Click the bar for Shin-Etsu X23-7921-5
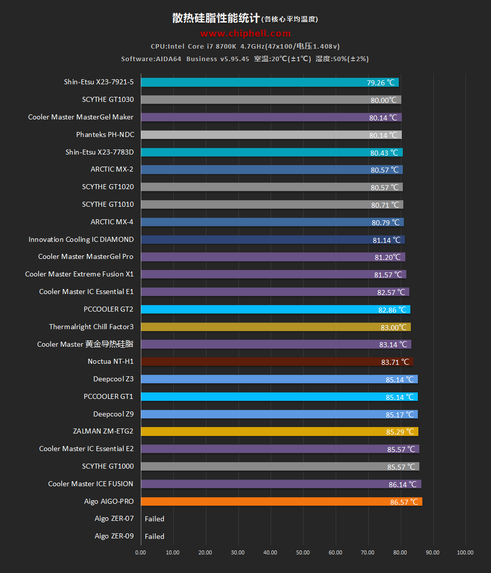[x=270, y=82]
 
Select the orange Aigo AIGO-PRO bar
[x=282, y=501]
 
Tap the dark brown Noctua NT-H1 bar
[x=277, y=362]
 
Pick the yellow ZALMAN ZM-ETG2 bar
[x=280, y=432]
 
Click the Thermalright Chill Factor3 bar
[x=276, y=327]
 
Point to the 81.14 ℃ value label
[x=387, y=240]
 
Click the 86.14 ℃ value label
[x=402, y=484]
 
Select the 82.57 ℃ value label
[x=391, y=292]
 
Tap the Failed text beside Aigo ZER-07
[x=154, y=519]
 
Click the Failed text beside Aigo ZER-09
[x=154, y=536]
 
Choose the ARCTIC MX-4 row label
[x=112, y=222]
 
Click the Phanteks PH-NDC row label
[x=105, y=134]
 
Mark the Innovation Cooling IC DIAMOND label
[x=81, y=239]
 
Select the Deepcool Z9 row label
[x=113, y=414]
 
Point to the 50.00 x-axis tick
[x=303, y=552]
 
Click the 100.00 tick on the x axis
[x=465, y=552]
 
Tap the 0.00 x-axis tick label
[x=140, y=552]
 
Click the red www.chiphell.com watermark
[x=245, y=34]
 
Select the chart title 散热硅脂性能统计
[x=216, y=19]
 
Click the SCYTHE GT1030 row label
[x=108, y=99]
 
